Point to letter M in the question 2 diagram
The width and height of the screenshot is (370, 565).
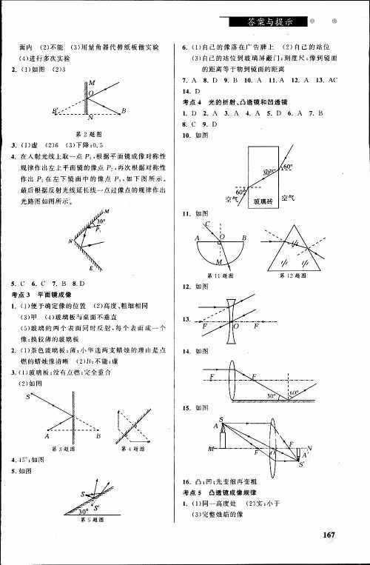(90, 84)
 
